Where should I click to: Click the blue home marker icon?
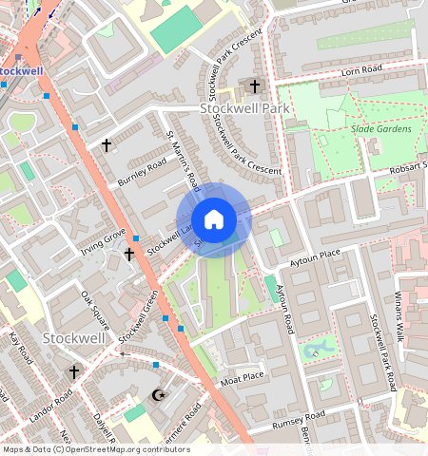coord(214,219)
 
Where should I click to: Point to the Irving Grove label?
coord(103,241)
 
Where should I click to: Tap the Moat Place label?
coord(242,376)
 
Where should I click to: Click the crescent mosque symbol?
coord(159,394)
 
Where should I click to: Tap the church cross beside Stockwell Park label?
coord(254,86)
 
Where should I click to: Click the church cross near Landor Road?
coord(73,372)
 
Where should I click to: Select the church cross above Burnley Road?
coord(107,145)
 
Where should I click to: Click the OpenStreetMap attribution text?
coord(96,449)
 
